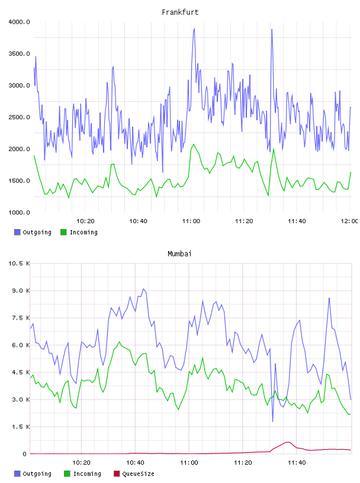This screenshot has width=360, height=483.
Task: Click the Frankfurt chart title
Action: click(x=180, y=12)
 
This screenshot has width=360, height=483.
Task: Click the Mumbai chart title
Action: click(x=179, y=254)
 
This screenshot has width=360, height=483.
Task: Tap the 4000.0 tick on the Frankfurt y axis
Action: click(x=19, y=22)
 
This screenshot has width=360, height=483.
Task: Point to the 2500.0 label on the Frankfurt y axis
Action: click(x=19, y=117)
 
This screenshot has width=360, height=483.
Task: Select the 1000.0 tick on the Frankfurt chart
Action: click(x=19, y=212)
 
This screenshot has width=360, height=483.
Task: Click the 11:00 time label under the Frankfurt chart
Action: click(x=191, y=221)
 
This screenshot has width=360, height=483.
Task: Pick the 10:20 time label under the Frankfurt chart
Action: click(x=85, y=221)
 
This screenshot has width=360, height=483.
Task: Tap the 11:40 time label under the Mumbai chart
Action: click(x=297, y=463)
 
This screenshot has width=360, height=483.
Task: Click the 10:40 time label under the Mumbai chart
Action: click(x=136, y=463)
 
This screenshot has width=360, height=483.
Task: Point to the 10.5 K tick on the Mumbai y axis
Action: click(x=19, y=263)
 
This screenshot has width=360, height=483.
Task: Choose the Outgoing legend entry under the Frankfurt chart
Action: click(x=33, y=232)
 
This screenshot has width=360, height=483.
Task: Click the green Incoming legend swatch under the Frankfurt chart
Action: click(x=63, y=232)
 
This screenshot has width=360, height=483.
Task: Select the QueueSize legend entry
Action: click(x=134, y=474)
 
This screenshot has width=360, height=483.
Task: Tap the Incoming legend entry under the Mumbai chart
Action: click(x=83, y=474)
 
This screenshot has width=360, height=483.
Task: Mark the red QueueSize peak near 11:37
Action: click(x=288, y=442)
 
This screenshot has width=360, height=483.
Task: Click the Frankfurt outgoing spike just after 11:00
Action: click(x=194, y=28)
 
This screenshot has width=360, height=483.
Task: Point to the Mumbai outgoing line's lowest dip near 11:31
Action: click(x=273, y=421)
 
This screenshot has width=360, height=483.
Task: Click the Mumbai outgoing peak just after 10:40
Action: click(x=143, y=289)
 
